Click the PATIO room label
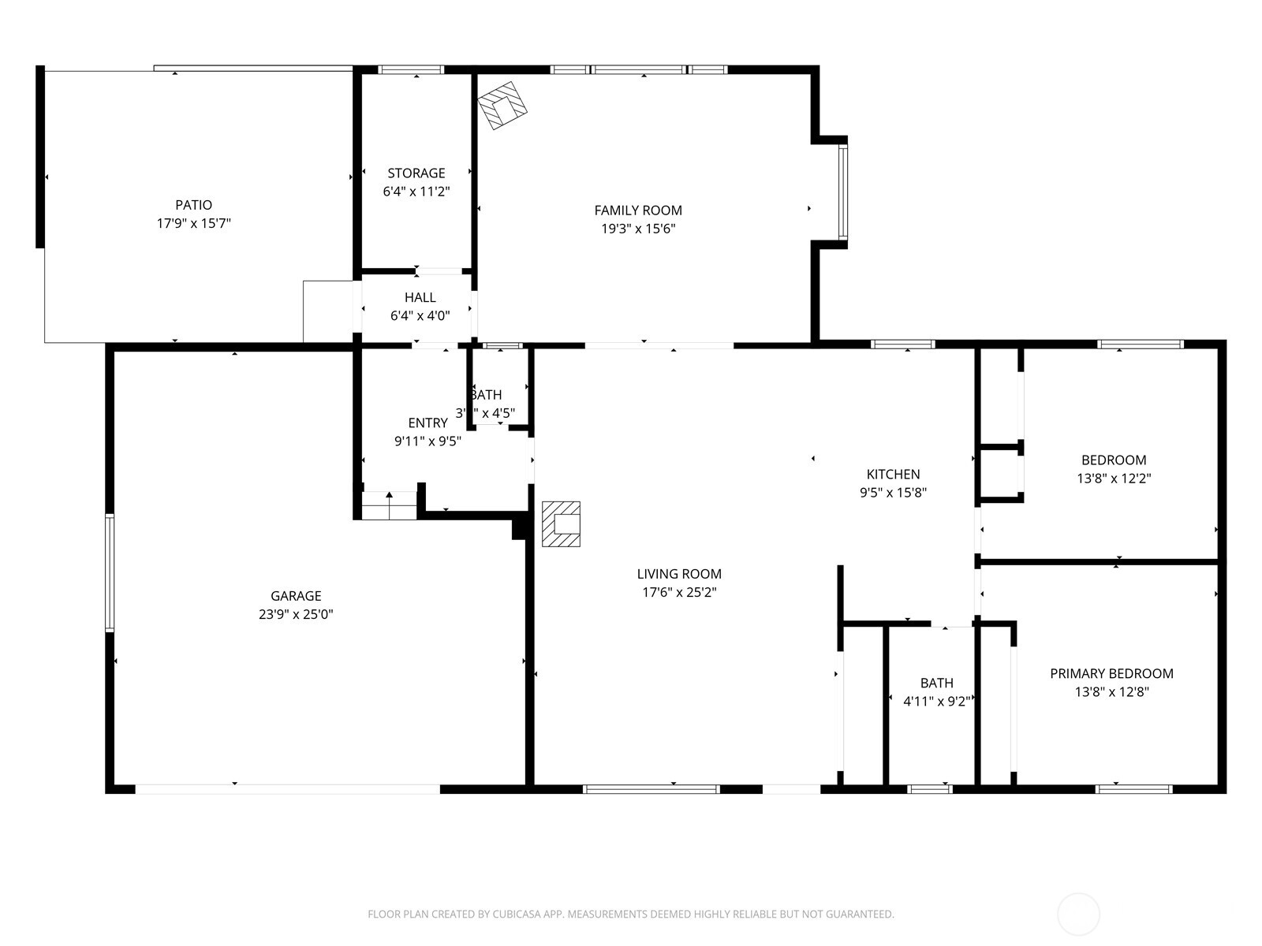pos(193,205)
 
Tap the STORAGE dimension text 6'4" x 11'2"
pos(416,192)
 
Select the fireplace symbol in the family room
pos(502,105)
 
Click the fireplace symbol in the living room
pos(562,524)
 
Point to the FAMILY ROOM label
pos(638,210)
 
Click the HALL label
pos(420,297)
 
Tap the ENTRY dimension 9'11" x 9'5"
pos(428,441)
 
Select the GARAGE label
pos(296,596)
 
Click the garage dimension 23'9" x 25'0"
pos(296,615)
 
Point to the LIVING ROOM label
pos(679,574)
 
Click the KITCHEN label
pos(893,474)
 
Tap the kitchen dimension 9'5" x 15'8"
pos(893,493)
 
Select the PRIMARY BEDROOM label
pos(1111,673)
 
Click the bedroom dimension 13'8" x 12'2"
pos(1114,479)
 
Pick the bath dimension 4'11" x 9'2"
pos(936,702)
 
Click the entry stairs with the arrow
pos(389,505)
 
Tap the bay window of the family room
pos(842,192)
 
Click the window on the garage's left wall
pos(110,572)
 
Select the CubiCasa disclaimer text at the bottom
pos(630,914)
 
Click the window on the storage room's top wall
pos(411,69)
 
